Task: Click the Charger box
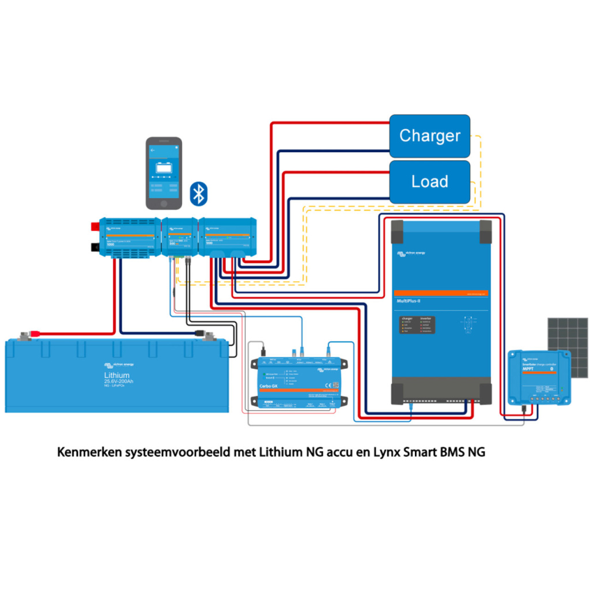[430, 136]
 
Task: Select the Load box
[430, 181]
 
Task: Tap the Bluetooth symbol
[199, 193]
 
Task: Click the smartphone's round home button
[164, 204]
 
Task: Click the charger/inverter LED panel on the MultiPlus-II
[417, 325]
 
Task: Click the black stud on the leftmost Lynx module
[94, 247]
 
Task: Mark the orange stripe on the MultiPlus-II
[441, 293]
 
